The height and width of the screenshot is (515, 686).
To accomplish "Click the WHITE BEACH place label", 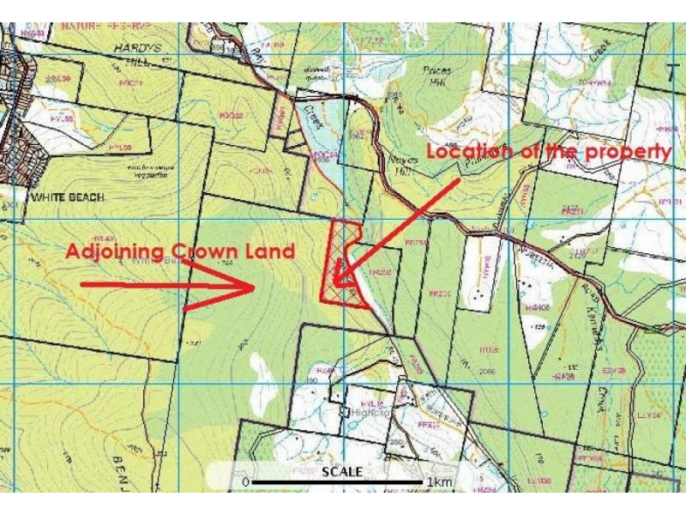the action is (x=68, y=197).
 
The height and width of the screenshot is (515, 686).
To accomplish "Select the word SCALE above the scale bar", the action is (x=342, y=471).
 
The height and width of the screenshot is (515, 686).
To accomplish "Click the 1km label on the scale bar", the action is (x=440, y=482).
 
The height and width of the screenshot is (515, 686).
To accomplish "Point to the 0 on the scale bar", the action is (x=246, y=482).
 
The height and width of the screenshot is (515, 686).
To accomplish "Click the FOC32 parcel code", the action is (x=231, y=115).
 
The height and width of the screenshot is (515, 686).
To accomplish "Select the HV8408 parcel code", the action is (x=535, y=306).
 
